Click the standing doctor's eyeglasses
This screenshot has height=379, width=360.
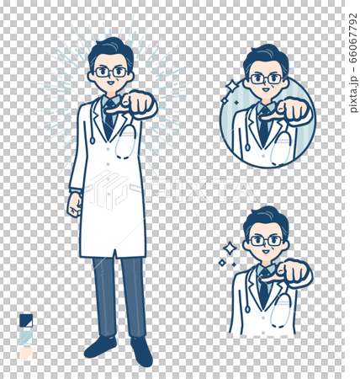[111, 72]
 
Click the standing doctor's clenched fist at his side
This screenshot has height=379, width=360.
[74, 204]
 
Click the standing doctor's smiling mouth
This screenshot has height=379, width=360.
[112, 87]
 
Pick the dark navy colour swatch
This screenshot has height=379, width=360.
[26, 320]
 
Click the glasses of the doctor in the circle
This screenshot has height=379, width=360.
[266, 79]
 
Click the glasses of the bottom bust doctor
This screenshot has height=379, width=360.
[266, 241]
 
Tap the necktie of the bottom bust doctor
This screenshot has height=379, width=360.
[264, 291]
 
